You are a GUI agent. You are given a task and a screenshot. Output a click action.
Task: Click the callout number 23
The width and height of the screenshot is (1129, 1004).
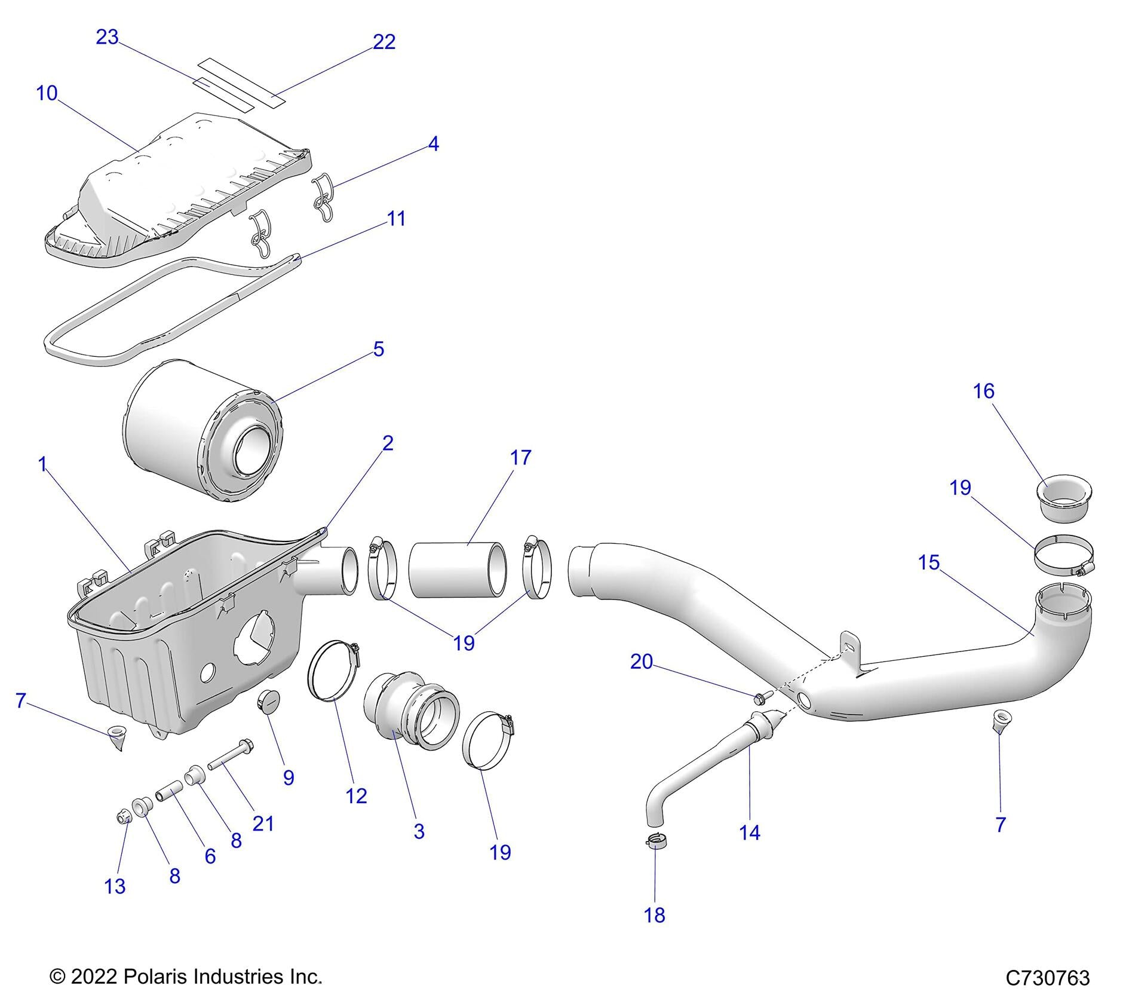[x=108, y=37]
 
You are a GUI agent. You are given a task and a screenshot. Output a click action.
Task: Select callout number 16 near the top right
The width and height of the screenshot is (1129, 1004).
[x=983, y=391]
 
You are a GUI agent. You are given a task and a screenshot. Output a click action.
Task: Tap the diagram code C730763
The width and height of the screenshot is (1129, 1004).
[x=1048, y=978]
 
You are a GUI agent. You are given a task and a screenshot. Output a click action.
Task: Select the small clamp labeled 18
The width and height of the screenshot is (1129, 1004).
[x=656, y=841]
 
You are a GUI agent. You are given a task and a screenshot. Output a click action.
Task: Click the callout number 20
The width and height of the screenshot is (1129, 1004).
[x=642, y=662]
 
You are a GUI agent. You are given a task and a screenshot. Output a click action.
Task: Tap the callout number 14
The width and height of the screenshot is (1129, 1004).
[x=750, y=832]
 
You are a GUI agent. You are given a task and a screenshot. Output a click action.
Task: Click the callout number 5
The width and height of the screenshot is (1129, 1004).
[x=379, y=349]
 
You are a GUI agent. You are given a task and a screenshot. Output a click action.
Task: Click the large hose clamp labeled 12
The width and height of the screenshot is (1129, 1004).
[x=333, y=669]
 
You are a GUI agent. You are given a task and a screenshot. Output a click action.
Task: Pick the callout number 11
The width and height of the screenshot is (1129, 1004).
[x=397, y=219]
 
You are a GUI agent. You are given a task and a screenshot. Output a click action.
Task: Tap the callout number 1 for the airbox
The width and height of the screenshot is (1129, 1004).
[x=42, y=464]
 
